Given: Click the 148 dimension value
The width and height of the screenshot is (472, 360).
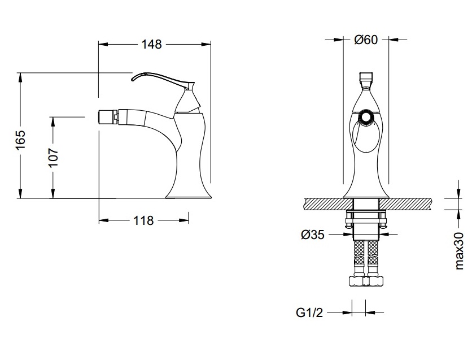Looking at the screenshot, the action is (x=152, y=44).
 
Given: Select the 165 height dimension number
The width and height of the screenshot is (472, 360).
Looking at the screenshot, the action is (x=20, y=140).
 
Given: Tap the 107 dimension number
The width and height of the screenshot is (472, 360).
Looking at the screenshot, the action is (x=53, y=157).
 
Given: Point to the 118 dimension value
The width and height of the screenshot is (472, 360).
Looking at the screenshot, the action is (x=143, y=220).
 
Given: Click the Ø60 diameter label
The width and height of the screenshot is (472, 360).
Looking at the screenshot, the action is (x=366, y=40).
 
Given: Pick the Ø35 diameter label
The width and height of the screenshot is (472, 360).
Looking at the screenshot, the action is (x=313, y=235).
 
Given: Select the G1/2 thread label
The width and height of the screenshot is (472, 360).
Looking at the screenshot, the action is (x=309, y=313).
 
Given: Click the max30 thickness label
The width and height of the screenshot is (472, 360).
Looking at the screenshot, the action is (x=459, y=251).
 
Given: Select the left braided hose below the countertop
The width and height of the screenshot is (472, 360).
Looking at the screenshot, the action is (x=359, y=258).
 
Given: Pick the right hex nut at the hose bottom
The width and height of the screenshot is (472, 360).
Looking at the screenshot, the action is (x=376, y=281).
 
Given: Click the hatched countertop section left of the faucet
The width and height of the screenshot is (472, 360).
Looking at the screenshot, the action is (x=329, y=204).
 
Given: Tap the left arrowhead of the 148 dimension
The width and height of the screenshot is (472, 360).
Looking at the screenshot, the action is (x=103, y=45).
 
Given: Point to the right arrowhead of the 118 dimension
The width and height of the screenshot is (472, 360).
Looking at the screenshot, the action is (x=184, y=220).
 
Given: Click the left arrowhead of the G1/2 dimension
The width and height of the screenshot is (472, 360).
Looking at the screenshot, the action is (x=347, y=313).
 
